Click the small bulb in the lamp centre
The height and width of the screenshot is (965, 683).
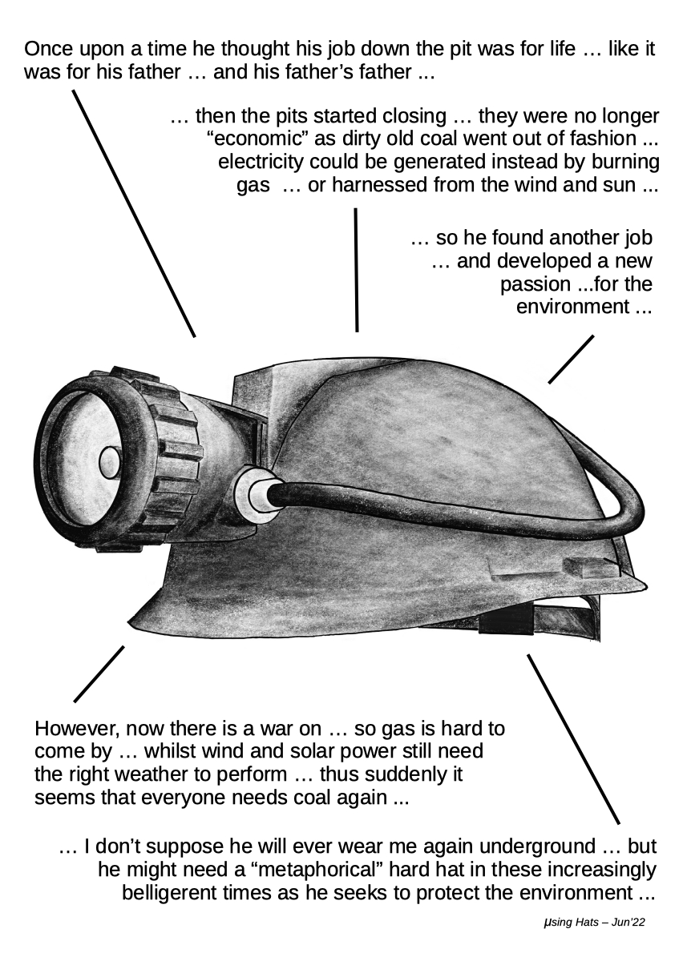tap(111, 463)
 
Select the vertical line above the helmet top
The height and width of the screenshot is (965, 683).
tap(356, 270)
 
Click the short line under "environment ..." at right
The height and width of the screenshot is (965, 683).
tap(571, 360)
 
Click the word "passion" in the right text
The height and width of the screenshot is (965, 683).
tap(535, 284)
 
